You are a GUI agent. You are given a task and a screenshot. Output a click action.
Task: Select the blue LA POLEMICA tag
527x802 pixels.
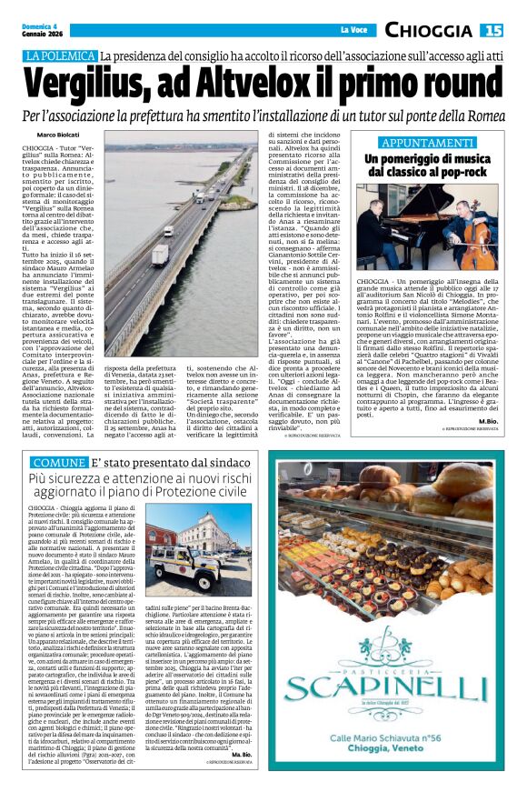tap(61, 56)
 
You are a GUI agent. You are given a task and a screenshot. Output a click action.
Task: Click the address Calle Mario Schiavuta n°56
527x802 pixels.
tap(392, 724)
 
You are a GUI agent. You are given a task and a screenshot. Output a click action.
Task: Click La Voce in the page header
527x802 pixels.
tap(353, 31)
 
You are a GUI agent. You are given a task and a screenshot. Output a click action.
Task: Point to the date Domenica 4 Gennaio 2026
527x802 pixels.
tap(43, 31)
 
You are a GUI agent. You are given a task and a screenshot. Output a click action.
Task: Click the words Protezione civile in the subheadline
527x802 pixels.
tap(194, 491)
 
